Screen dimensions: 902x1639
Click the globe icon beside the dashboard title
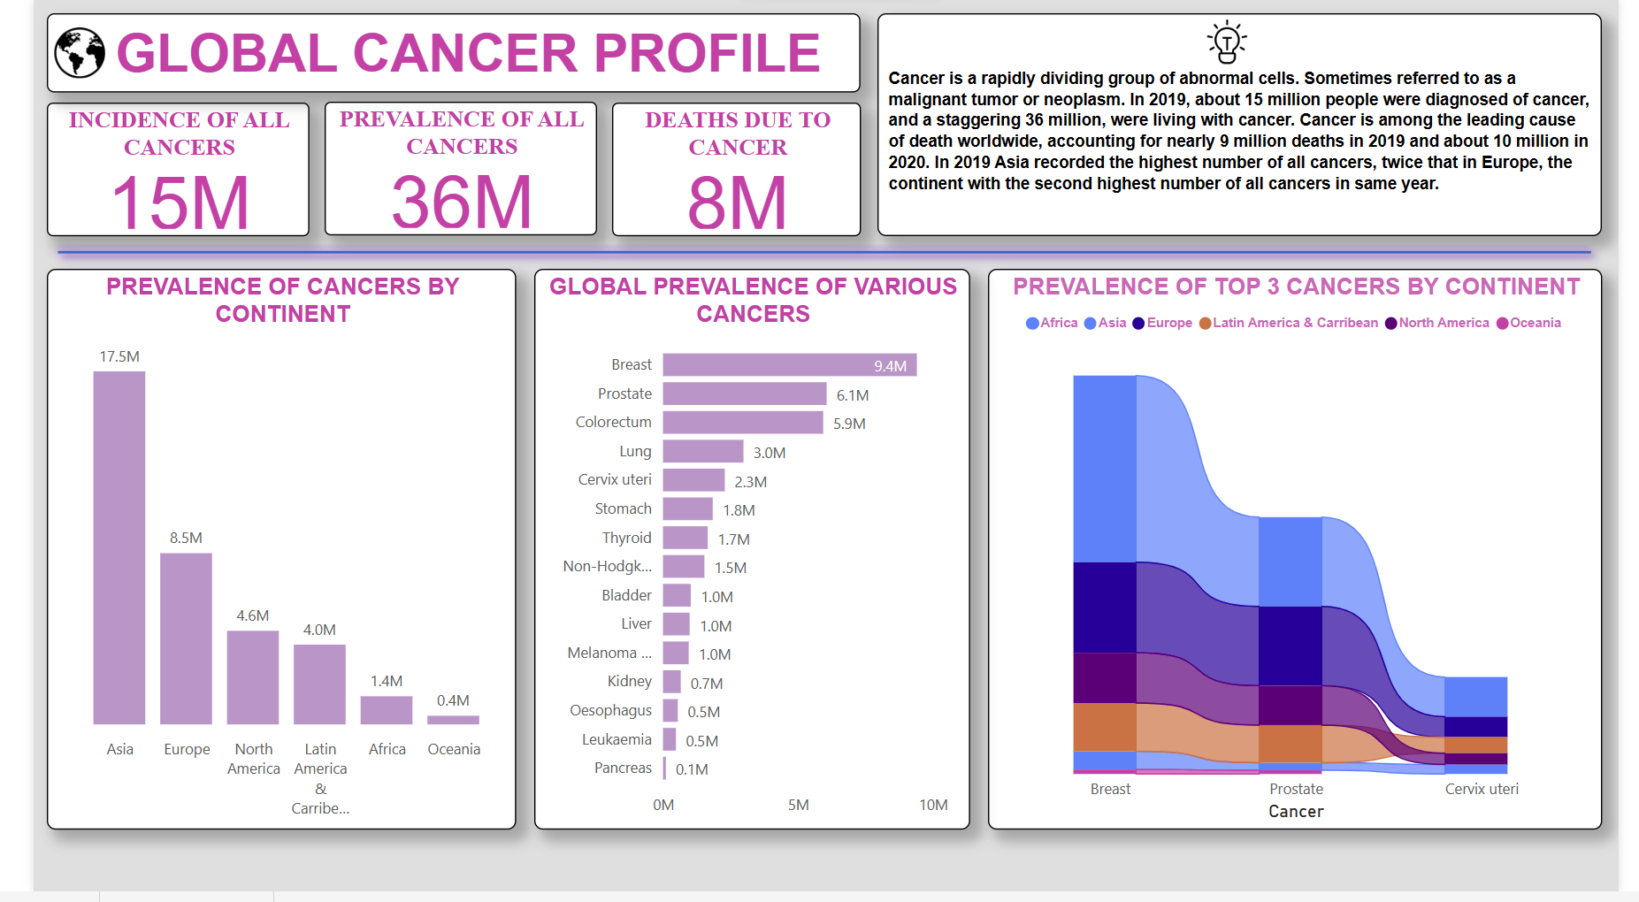80,53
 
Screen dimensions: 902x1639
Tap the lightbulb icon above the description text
1227,42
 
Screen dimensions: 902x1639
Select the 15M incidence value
180,203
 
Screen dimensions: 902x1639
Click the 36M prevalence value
461,203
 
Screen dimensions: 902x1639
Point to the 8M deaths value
737,203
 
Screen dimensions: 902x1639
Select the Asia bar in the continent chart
119,547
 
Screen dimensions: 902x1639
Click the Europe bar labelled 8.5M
186,638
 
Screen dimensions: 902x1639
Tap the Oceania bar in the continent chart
453,720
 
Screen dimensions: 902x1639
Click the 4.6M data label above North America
252,615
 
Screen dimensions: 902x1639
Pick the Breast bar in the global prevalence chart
789,365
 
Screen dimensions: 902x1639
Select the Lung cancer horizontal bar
702,452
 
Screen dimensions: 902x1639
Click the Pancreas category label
623,768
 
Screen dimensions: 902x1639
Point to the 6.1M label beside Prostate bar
853,395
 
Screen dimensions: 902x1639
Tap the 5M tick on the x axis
798,805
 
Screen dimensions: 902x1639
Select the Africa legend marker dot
1031,324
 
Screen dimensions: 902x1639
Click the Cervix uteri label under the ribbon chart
1482,789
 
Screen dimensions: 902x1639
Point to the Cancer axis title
1296,812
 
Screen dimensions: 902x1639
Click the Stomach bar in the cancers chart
687,509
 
